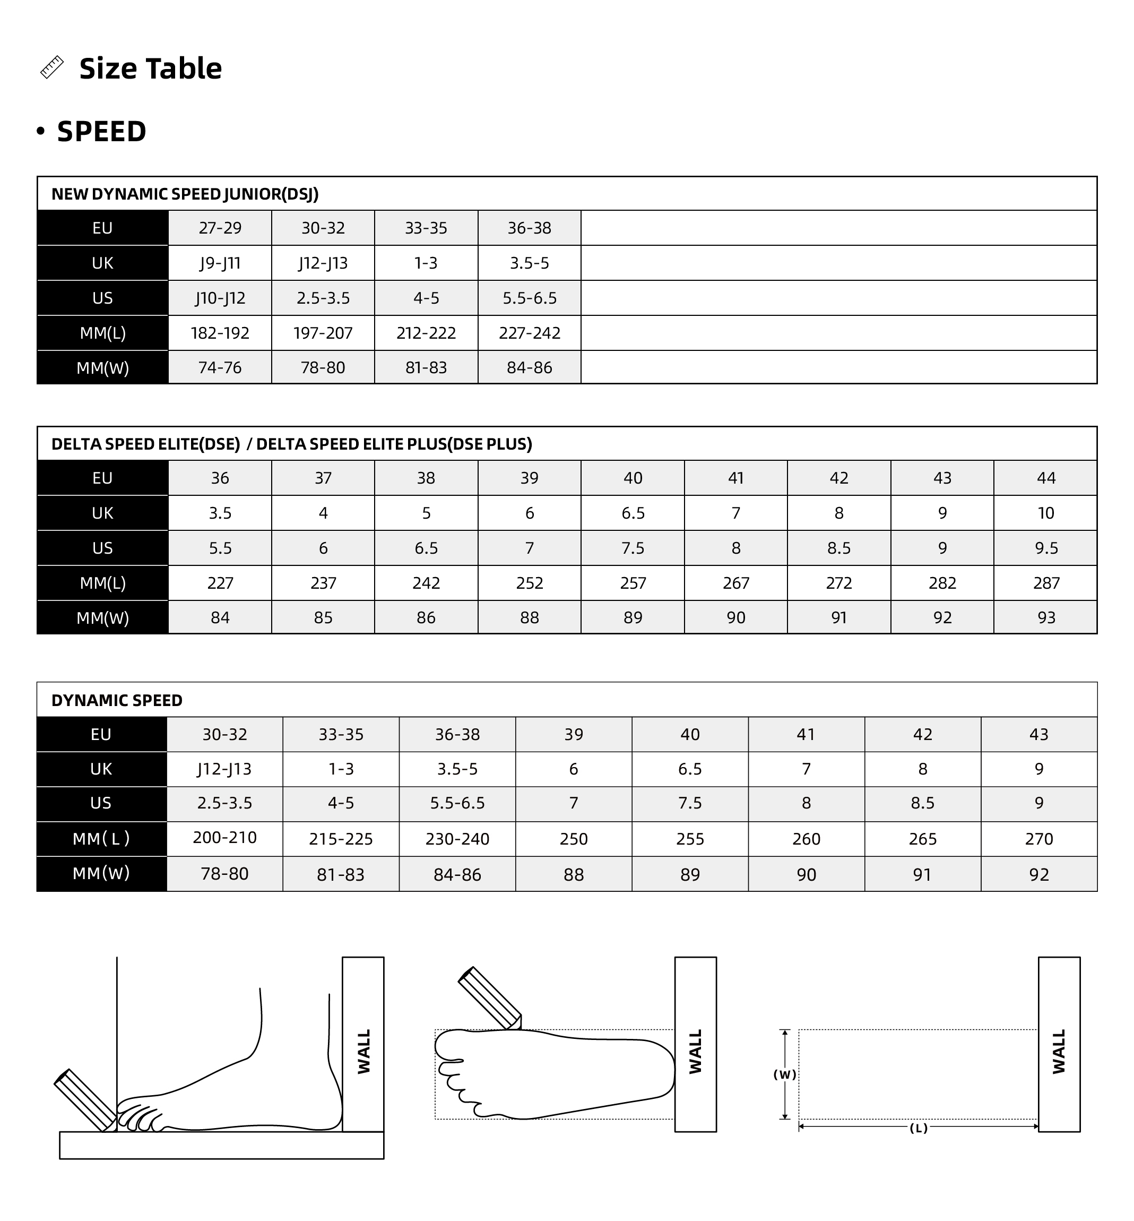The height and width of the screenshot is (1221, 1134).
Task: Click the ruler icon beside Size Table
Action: tap(52, 67)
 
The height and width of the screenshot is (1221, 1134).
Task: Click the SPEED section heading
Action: tap(101, 131)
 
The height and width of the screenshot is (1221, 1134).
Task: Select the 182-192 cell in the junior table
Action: tap(220, 333)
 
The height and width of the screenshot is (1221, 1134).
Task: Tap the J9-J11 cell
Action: tap(220, 263)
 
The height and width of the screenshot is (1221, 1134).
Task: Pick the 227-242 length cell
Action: tap(530, 333)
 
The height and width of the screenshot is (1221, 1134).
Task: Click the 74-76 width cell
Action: tap(220, 368)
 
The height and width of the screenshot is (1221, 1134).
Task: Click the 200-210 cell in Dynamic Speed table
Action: tap(224, 838)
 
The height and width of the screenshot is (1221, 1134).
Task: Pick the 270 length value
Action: tap(1039, 839)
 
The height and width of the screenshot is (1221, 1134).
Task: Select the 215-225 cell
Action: tap(341, 839)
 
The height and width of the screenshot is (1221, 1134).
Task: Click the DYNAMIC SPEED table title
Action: tap(117, 700)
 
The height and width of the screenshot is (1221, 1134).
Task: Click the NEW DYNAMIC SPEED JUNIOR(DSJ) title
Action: tap(185, 194)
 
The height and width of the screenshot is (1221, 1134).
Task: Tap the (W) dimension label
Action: tap(784, 1075)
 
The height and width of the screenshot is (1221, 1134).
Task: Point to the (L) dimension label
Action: tap(918, 1128)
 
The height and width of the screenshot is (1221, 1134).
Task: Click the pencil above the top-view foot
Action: tap(490, 998)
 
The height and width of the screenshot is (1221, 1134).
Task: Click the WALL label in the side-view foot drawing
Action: tap(364, 1052)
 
